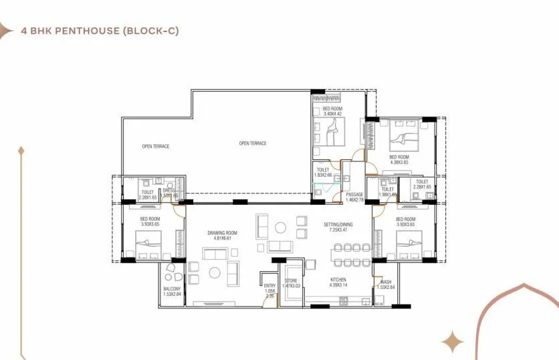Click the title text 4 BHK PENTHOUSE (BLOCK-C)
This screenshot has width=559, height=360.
(x=100, y=31)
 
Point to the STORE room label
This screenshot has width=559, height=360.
(x=291, y=280)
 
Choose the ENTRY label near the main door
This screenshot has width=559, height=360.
(x=269, y=286)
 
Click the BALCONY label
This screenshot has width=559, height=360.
(x=172, y=289)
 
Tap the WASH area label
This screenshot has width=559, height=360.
(x=386, y=282)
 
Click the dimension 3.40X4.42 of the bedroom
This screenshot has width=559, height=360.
(x=333, y=114)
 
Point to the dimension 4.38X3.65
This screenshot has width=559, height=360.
(x=403, y=161)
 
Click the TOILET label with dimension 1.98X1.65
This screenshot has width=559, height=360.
(x=388, y=189)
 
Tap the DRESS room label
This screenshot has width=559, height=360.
(x=169, y=191)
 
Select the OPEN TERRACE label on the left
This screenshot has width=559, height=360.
(x=155, y=146)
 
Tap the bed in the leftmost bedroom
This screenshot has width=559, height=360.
(x=148, y=242)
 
